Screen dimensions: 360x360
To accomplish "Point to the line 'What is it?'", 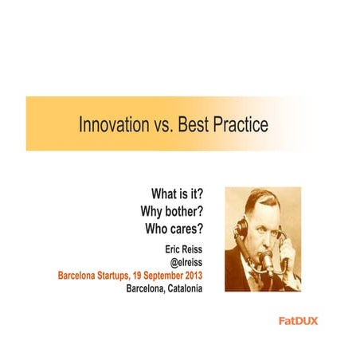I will coord(177,195).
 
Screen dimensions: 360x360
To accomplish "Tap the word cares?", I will coord(188,229).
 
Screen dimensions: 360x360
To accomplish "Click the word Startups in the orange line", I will coord(120,275).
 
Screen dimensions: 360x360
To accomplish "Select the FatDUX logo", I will coord(299,321).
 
